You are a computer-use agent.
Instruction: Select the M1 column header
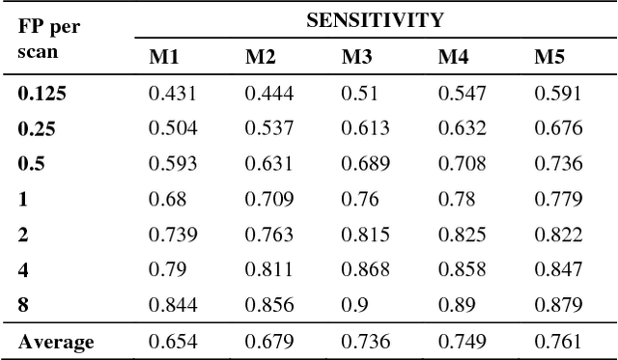pyautogui.click(x=163, y=57)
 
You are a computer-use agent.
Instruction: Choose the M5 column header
pyautogui.click(x=549, y=57)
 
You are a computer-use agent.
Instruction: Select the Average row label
pyautogui.click(x=55, y=342)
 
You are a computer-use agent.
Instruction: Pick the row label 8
pyautogui.click(x=23, y=306)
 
